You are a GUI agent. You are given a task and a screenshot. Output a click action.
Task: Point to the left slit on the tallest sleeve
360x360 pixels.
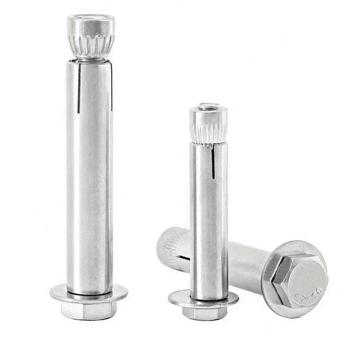point(79,88)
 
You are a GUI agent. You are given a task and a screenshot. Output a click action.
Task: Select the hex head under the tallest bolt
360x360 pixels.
point(89,310)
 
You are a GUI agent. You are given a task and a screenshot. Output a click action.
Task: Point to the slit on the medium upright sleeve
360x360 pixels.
point(213,162)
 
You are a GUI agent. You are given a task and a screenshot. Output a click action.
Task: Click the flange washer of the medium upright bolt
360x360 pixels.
point(203,298)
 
